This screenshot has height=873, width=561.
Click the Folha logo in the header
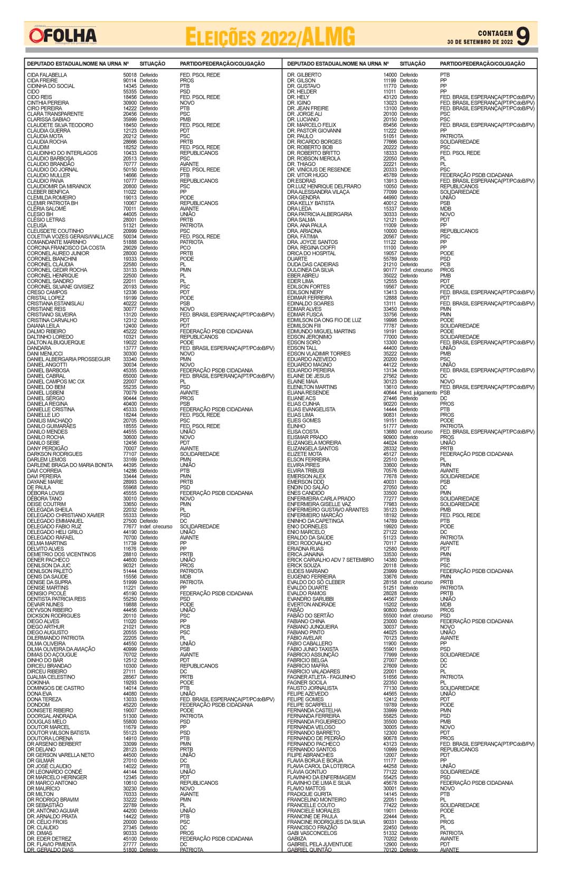(x=63, y=35)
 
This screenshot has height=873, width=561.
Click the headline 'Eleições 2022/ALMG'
(x=270, y=37)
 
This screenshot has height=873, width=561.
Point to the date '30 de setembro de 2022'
(x=480, y=42)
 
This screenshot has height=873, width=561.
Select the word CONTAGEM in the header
(x=495, y=33)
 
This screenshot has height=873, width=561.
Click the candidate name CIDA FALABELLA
(x=47, y=75)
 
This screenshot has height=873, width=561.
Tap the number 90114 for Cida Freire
(x=130, y=81)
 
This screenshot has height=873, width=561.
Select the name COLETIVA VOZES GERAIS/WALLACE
(x=70, y=237)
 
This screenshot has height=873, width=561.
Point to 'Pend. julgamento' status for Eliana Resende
(x=419, y=393)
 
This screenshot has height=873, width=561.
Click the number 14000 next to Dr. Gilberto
(x=390, y=75)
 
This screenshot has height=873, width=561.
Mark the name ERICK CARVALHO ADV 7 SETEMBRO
(x=330, y=560)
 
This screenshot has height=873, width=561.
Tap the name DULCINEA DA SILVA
(x=310, y=270)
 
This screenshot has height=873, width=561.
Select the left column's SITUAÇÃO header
(x=153, y=64)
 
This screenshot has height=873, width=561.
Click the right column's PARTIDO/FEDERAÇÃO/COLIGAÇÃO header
(x=482, y=64)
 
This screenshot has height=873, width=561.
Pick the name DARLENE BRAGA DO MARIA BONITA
(x=70, y=465)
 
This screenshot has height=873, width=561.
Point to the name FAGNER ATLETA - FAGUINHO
(x=321, y=677)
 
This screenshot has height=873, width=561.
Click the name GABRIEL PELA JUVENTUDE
(x=319, y=844)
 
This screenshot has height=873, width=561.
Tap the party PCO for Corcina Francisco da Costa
(x=185, y=248)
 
